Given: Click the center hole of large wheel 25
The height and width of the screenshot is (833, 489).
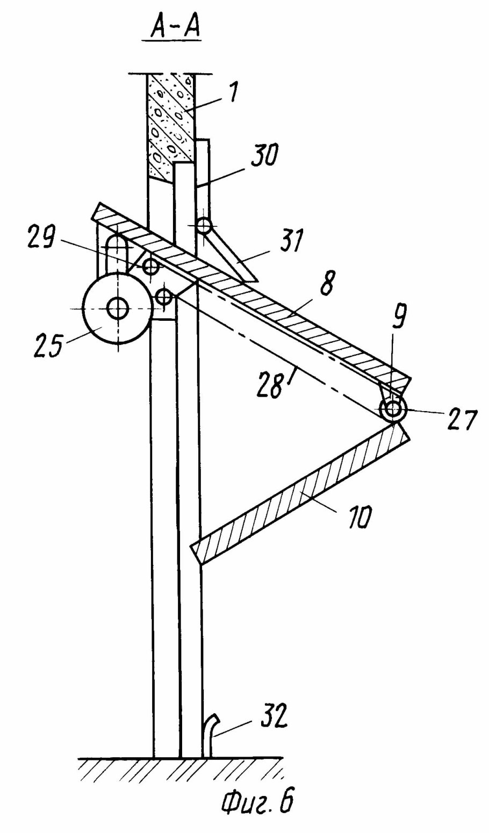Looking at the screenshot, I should pyautogui.click(x=117, y=308).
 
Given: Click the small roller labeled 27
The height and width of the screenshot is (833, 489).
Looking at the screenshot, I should pyautogui.click(x=393, y=411).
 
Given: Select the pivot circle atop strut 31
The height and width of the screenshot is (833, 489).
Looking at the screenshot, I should pyautogui.click(x=203, y=226).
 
